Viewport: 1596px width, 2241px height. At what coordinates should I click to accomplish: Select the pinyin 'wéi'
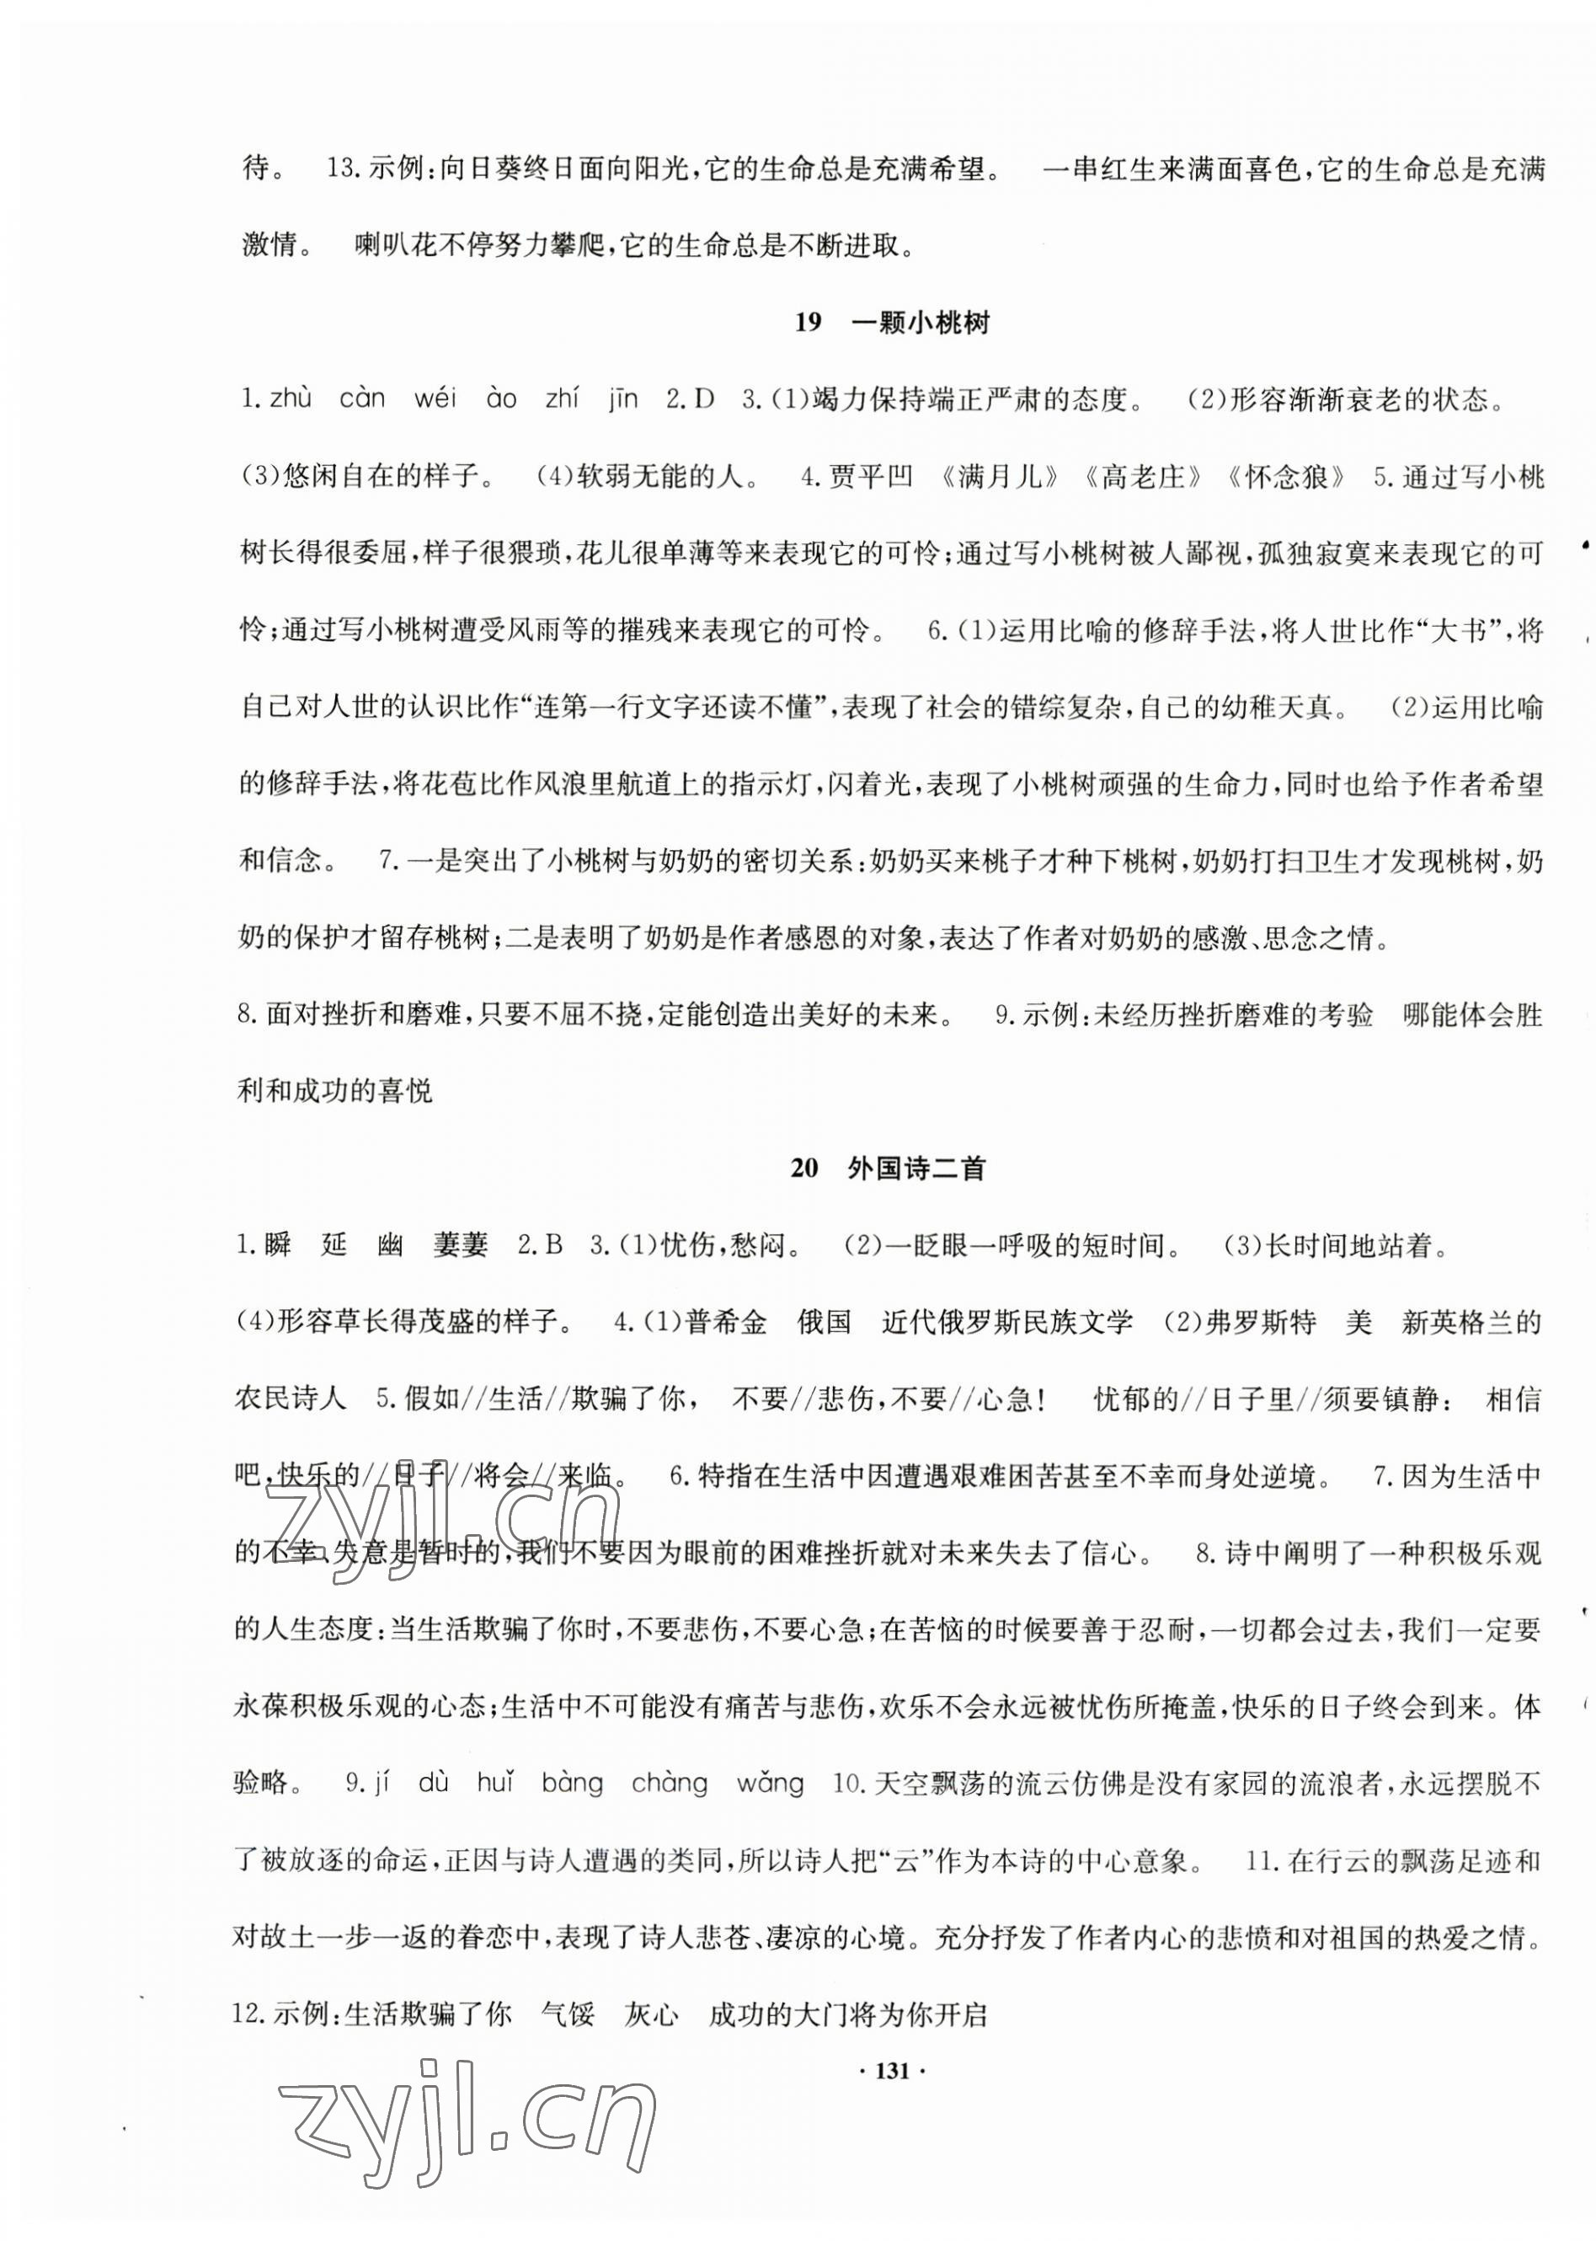coord(435,399)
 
